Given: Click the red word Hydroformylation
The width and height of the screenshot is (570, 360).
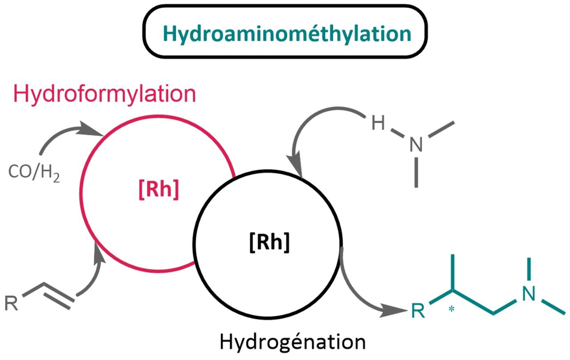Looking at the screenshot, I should tap(105, 94).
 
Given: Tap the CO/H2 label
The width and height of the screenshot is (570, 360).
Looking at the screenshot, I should tap(34, 172).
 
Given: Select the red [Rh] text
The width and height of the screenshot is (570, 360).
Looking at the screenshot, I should tap(158, 190).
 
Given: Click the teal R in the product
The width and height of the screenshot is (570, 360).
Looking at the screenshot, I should tap(419, 311).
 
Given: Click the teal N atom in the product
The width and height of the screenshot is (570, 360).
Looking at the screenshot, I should tap(529, 295).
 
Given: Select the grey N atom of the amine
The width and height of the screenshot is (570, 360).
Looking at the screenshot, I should tap(416, 143).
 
